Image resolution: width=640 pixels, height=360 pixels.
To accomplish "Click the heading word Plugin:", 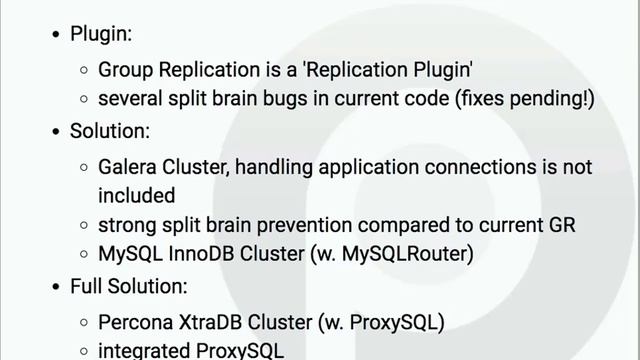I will click(x=100, y=35).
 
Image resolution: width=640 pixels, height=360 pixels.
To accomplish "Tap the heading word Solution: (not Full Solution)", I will click(x=110, y=131).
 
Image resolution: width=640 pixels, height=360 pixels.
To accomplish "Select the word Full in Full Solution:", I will click(x=87, y=286).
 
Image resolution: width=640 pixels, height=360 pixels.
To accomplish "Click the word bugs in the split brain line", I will click(x=309, y=99).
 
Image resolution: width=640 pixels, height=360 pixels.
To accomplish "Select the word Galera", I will click(x=129, y=165).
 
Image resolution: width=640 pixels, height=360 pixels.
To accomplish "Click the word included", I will click(x=136, y=194).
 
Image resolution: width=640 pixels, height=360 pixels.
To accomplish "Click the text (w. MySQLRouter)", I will click(x=397, y=254).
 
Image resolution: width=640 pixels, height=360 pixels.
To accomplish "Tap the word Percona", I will click(x=135, y=322).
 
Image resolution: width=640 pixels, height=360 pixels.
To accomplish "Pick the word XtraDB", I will click(x=209, y=322).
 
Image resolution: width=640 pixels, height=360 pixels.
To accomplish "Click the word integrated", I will click(x=140, y=351).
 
